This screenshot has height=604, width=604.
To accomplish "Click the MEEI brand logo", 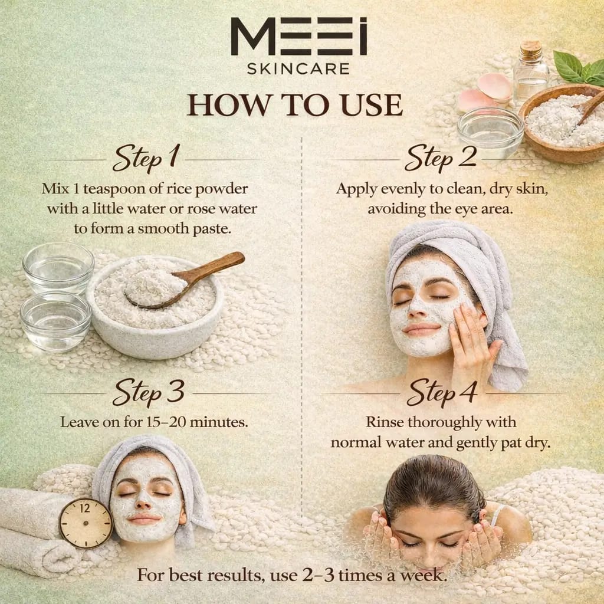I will [x=298, y=37].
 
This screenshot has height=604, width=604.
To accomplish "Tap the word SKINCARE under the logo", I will [x=298, y=68].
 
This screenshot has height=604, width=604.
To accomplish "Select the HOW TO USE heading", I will [x=295, y=104].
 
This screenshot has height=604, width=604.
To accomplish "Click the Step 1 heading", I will [x=146, y=159].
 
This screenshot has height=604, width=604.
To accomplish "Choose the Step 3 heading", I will [x=149, y=392].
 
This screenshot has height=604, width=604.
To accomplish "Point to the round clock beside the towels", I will [x=86, y=523].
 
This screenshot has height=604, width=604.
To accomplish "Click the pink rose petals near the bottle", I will [x=487, y=91].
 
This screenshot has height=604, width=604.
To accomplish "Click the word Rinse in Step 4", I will [x=386, y=422].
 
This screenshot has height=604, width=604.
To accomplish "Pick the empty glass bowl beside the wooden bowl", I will [x=490, y=132].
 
